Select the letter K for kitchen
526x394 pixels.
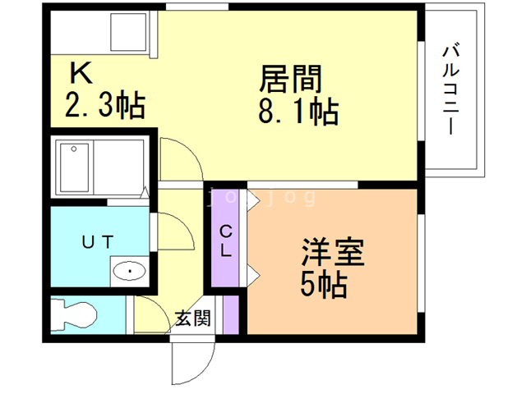80,74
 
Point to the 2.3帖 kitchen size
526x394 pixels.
104,104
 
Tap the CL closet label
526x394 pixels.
226,241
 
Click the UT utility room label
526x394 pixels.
97,241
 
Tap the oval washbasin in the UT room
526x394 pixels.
129,269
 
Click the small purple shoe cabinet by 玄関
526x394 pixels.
231,314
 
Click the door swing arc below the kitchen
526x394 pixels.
178,158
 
